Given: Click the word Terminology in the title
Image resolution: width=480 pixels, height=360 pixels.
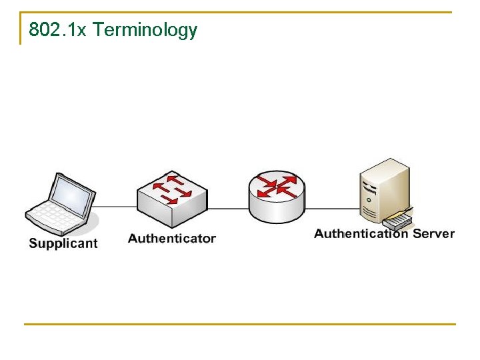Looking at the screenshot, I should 145,31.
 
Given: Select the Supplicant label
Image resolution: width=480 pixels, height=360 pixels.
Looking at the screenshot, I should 63,243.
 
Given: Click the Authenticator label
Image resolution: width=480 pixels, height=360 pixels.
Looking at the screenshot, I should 172,238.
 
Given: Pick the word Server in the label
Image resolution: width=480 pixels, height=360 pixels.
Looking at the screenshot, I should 433,233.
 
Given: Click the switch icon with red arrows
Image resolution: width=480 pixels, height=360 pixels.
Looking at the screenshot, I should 172,197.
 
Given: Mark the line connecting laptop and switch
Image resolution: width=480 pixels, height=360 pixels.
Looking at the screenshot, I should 117,207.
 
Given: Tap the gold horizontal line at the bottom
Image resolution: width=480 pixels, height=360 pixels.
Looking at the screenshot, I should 240,325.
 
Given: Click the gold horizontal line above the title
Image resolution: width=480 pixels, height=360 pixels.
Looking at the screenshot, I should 240,12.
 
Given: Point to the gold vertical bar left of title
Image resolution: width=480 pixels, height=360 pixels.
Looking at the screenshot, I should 21,29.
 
